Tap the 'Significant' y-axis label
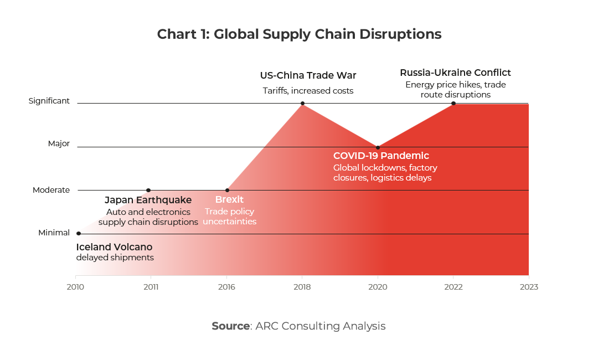[x=49, y=101]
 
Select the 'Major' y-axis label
[x=59, y=143]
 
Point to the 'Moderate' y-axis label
[x=51, y=190]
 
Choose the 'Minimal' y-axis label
[x=54, y=233]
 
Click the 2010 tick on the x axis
[x=75, y=287]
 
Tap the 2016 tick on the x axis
[x=226, y=287]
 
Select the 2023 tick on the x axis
[x=529, y=287]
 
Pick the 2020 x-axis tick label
[x=378, y=287]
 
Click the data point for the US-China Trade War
[x=302, y=104]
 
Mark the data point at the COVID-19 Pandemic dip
[x=378, y=147]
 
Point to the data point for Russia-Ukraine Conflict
[x=453, y=104]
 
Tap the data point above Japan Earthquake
[x=148, y=190]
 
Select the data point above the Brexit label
[x=227, y=190]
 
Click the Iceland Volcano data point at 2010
[x=78, y=233]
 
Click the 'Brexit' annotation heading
[x=229, y=200]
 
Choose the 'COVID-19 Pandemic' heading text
[x=381, y=156]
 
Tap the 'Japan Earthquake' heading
[x=148, y=200]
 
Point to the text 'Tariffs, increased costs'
[x=308, y=91]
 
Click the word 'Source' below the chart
[x=230, y=326]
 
